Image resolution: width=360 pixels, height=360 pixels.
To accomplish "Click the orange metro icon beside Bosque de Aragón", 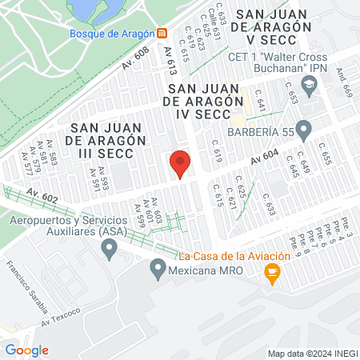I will point(162,33).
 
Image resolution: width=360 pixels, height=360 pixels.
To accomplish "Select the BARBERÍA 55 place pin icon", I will point(303,129).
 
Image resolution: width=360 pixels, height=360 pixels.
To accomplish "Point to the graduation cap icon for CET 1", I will point(306,83).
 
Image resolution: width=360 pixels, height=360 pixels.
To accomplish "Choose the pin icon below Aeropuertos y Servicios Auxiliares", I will point(110,251).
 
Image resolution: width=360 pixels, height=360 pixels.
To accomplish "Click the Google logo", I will point(27,350).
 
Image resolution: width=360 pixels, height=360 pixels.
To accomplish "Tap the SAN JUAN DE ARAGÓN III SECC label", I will point(106,141).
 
